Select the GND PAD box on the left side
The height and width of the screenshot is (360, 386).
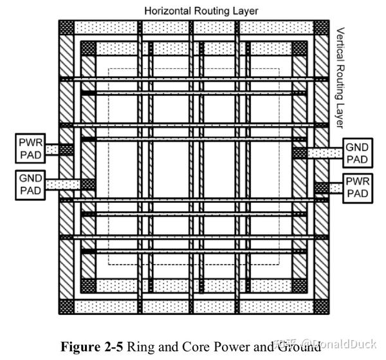tap(30, 184)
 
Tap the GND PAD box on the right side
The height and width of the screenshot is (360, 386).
tap(357, 153)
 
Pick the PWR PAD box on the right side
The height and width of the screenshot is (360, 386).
tap(357, 187)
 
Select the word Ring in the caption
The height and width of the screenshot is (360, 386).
tap(139, 346)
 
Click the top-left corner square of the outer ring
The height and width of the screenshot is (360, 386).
tap(66, 28)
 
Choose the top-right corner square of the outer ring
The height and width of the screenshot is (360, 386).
tap(320, 28)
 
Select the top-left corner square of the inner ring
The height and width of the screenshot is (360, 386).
tap(88, 49)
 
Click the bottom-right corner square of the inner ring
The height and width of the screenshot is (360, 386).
tap(299, 285)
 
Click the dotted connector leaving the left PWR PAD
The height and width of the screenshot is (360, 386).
tap(52, 149)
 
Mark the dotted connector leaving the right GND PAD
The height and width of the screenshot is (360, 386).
tap(323, 153)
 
